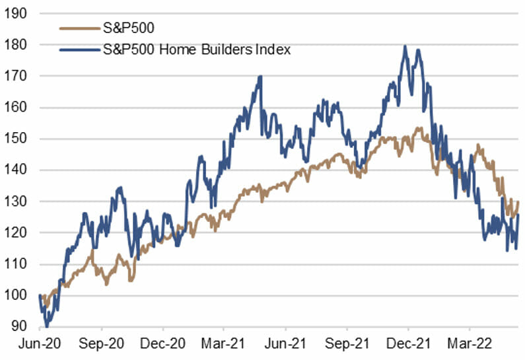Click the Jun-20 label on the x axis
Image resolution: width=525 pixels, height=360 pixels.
(x=40, y=345)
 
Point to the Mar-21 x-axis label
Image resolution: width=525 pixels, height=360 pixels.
(x=223, y=345)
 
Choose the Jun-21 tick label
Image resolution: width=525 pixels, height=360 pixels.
(x=285, y=345)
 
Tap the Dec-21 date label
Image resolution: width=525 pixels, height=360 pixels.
(x=407, y=345)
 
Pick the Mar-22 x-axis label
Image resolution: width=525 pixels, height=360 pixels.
(x=469, y=345)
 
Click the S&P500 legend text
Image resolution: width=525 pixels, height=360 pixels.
(x=125, y=28)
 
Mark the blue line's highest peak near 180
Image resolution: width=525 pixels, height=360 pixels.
(x=404, y=46)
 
